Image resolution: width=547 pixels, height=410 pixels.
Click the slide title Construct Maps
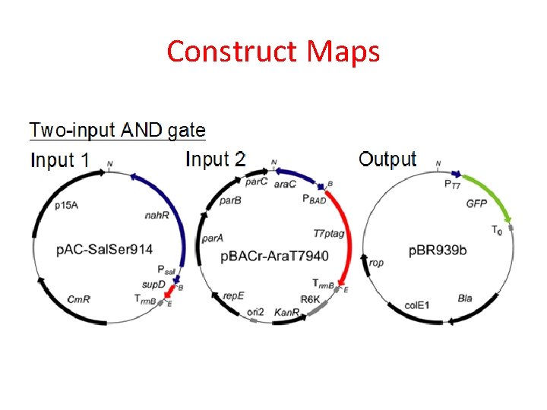273,52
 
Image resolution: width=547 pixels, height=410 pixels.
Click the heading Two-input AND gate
118,130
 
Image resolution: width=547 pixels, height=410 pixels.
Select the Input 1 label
60,160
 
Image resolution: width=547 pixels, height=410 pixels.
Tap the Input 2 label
216,159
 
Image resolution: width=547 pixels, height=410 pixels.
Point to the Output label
387,159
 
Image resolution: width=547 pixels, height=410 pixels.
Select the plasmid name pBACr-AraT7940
275,256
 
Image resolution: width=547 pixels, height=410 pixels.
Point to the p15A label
67,205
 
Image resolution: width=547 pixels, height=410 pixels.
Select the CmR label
79,299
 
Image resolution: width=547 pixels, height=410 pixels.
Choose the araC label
286,184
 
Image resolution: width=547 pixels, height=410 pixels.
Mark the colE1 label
416,304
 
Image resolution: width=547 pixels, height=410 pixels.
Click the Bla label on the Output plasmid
465,298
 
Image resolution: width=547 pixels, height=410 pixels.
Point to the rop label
377,263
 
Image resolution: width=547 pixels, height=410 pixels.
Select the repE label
232,296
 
